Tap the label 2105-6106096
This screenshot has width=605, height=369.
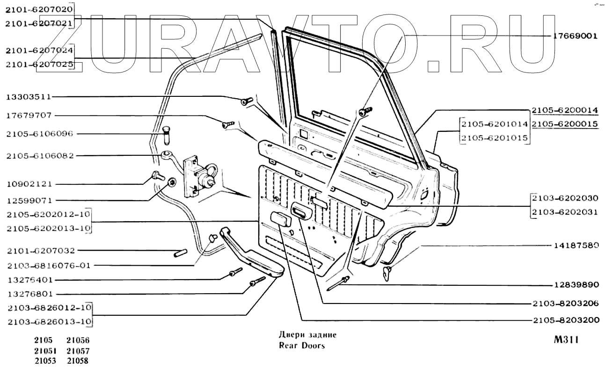tap(40, 133)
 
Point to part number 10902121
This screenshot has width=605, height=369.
tap(29, 184)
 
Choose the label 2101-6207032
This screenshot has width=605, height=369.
tap(41, 251)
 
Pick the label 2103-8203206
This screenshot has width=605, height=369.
tap(565, 303)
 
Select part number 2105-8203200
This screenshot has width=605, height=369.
tap(565, 321)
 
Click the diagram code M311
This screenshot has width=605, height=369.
tap(566, 340)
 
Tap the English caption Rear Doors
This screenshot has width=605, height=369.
tap(301, 346)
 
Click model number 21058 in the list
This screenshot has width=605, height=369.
tap(78, 361)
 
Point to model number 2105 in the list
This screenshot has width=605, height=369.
tap(43, 340)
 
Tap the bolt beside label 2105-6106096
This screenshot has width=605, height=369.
tap(166, 135)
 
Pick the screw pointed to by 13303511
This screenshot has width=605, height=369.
tap(246, 101)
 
